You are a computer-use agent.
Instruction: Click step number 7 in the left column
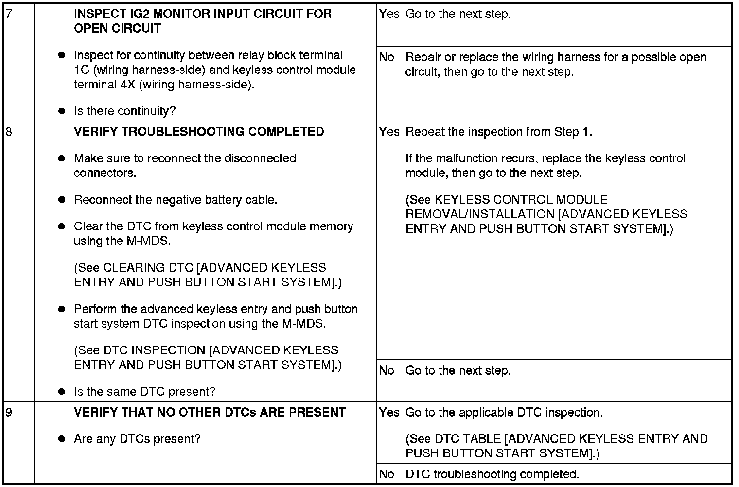9,14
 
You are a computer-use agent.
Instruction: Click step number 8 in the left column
9,132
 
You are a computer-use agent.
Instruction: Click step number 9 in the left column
9,412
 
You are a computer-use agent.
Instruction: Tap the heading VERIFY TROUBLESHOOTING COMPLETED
199,132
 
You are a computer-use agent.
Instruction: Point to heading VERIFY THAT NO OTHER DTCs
210,412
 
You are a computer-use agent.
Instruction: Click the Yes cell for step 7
389,14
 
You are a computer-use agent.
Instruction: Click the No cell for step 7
387,57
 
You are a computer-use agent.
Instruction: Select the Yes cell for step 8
389,132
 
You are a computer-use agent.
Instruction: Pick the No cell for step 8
387,371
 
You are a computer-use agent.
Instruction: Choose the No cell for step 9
387,474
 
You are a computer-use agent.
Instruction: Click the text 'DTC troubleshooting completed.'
492,474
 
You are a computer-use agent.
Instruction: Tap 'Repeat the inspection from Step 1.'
499,132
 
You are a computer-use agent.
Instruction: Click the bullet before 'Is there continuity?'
62,111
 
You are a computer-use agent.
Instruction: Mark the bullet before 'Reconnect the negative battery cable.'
62,200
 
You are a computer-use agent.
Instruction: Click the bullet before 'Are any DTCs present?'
62,439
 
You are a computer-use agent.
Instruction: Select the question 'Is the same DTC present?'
144,392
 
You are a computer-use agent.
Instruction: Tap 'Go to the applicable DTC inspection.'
504,412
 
